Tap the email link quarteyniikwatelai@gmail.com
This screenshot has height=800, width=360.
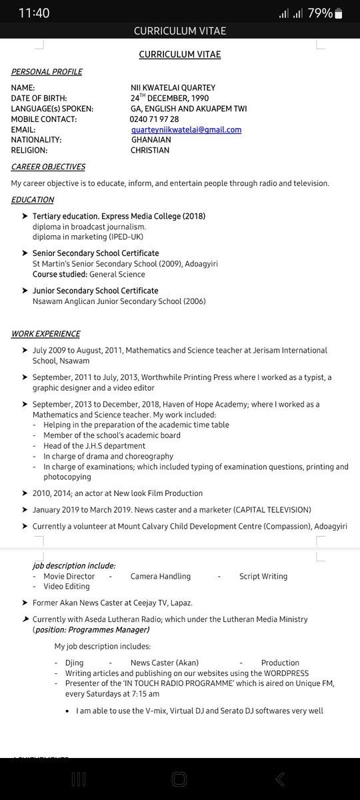click(186, 129)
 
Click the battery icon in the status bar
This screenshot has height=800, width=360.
click(339, 13)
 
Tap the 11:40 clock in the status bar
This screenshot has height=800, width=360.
click(34, 13)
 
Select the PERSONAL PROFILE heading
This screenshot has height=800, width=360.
click(47, 72)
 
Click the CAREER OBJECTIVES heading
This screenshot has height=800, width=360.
click(48, 167)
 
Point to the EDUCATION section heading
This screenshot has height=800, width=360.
click(33, 199)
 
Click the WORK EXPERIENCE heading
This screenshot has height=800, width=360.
click(45, 333)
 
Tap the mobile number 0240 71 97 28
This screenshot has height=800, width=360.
click(154, 119)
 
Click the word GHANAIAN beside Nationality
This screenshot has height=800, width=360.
click(151, 140)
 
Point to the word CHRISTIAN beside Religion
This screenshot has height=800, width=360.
click(150, 150)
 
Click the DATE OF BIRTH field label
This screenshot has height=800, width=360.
click(39, 98)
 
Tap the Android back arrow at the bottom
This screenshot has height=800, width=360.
click(280, 779)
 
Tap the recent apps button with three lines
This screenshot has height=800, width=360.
click(79, 779)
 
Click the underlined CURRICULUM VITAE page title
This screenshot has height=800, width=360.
click(179, 54)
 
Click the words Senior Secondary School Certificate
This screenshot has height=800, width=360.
click(95, 253)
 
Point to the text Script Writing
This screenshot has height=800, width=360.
click(263, 576)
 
